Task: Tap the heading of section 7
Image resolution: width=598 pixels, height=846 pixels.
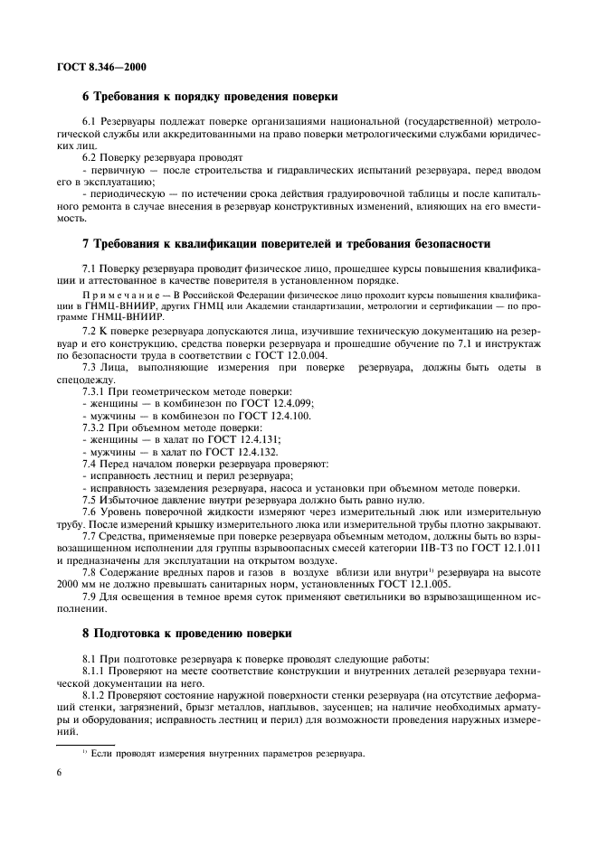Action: coord(286,243)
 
